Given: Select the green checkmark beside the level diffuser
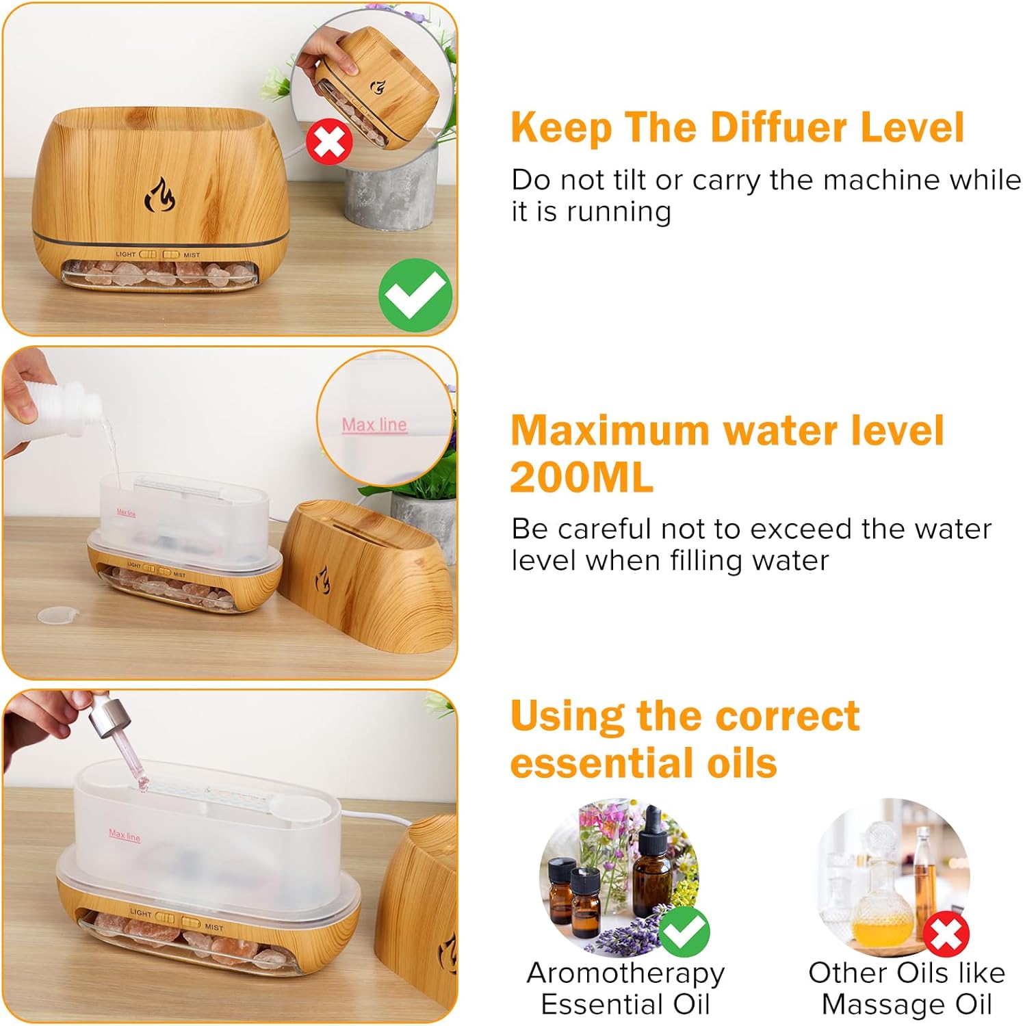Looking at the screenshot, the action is tap(415, 295).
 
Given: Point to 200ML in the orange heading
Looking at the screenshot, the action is tap(582, 477).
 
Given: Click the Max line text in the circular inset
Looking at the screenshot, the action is tap(374, 425).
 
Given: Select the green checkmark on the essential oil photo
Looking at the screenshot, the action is tap(684, 931).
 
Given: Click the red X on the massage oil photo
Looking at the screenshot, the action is tap(946, 934).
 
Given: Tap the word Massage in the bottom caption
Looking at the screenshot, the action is tap(878, 1005).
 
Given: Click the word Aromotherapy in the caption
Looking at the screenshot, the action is tap(625, 973).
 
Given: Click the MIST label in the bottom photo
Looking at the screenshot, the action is tap(214, 928).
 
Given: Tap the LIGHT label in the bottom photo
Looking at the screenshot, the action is tap(141, 912).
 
